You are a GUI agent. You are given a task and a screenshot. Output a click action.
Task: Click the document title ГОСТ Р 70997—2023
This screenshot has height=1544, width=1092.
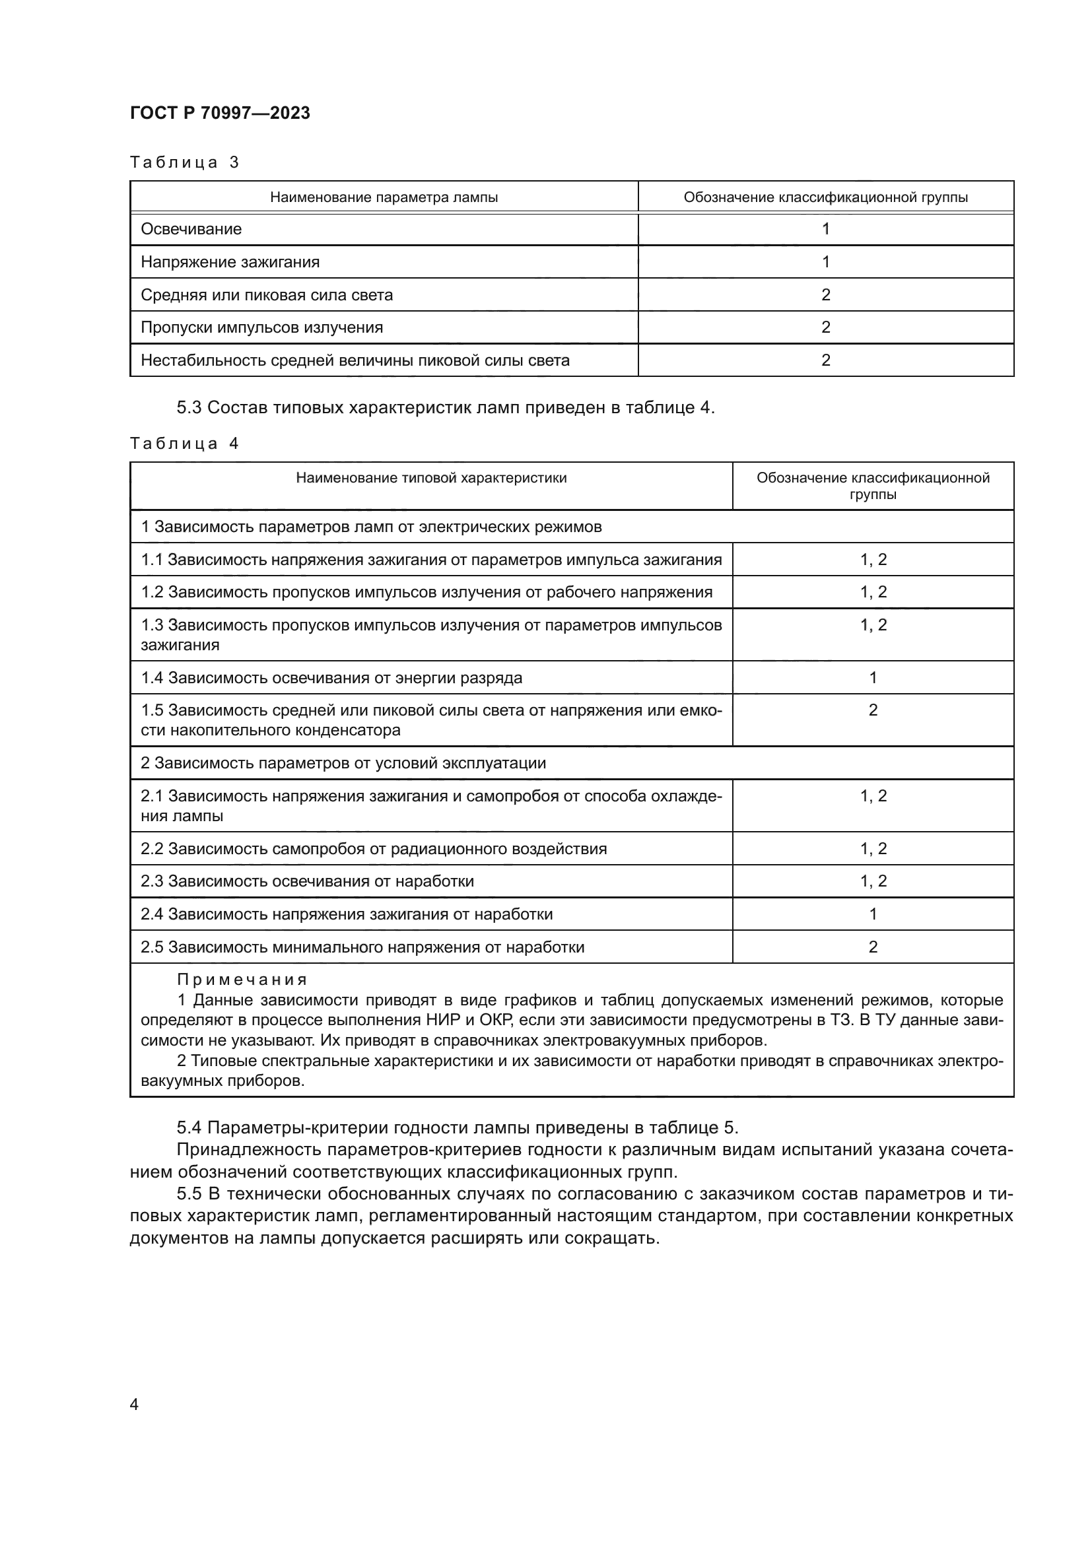point(220,113)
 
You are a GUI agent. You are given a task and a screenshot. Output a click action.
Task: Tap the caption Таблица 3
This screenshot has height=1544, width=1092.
point(184,162)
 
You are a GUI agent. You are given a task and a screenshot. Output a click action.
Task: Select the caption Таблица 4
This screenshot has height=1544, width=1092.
point(184,443)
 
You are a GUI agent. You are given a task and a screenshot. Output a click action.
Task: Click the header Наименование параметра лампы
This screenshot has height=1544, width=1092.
point(384,197)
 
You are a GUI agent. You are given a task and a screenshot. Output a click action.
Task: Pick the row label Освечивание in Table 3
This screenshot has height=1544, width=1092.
point(191,228)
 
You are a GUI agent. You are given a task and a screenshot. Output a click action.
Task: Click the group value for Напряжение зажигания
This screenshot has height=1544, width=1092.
point(825,261)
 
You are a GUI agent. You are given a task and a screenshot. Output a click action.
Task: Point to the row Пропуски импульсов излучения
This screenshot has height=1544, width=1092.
point(261,327)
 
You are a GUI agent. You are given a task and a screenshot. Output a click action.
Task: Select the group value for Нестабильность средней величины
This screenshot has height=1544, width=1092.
point(825,360)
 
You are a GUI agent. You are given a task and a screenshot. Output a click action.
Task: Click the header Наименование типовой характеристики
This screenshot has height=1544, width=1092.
point(431,478)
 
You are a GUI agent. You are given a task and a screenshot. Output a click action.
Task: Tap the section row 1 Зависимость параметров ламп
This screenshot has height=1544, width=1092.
point(370,527)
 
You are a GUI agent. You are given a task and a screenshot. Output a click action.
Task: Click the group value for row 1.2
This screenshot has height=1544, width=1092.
point(873,591)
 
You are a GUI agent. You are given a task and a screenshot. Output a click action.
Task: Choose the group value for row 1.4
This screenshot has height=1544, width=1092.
point(873,678)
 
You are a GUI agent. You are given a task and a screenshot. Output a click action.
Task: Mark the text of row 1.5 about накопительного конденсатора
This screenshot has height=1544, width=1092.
point(431,720)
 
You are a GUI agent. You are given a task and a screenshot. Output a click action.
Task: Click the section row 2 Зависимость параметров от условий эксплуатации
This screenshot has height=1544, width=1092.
point(343,763)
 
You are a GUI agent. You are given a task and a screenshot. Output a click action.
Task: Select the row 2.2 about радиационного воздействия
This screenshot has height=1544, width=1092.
point(373,849)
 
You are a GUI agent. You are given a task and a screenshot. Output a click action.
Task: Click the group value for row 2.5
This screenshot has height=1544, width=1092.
point(873,947)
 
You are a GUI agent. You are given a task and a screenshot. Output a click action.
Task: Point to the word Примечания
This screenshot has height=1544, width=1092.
point(242,980)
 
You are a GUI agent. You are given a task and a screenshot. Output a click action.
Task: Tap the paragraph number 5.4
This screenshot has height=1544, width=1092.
point(189,1127)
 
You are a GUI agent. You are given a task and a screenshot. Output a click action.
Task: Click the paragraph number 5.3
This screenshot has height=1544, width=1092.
point(189,407)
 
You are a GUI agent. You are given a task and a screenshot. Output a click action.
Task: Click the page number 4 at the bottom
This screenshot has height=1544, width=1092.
point(134,1404)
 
